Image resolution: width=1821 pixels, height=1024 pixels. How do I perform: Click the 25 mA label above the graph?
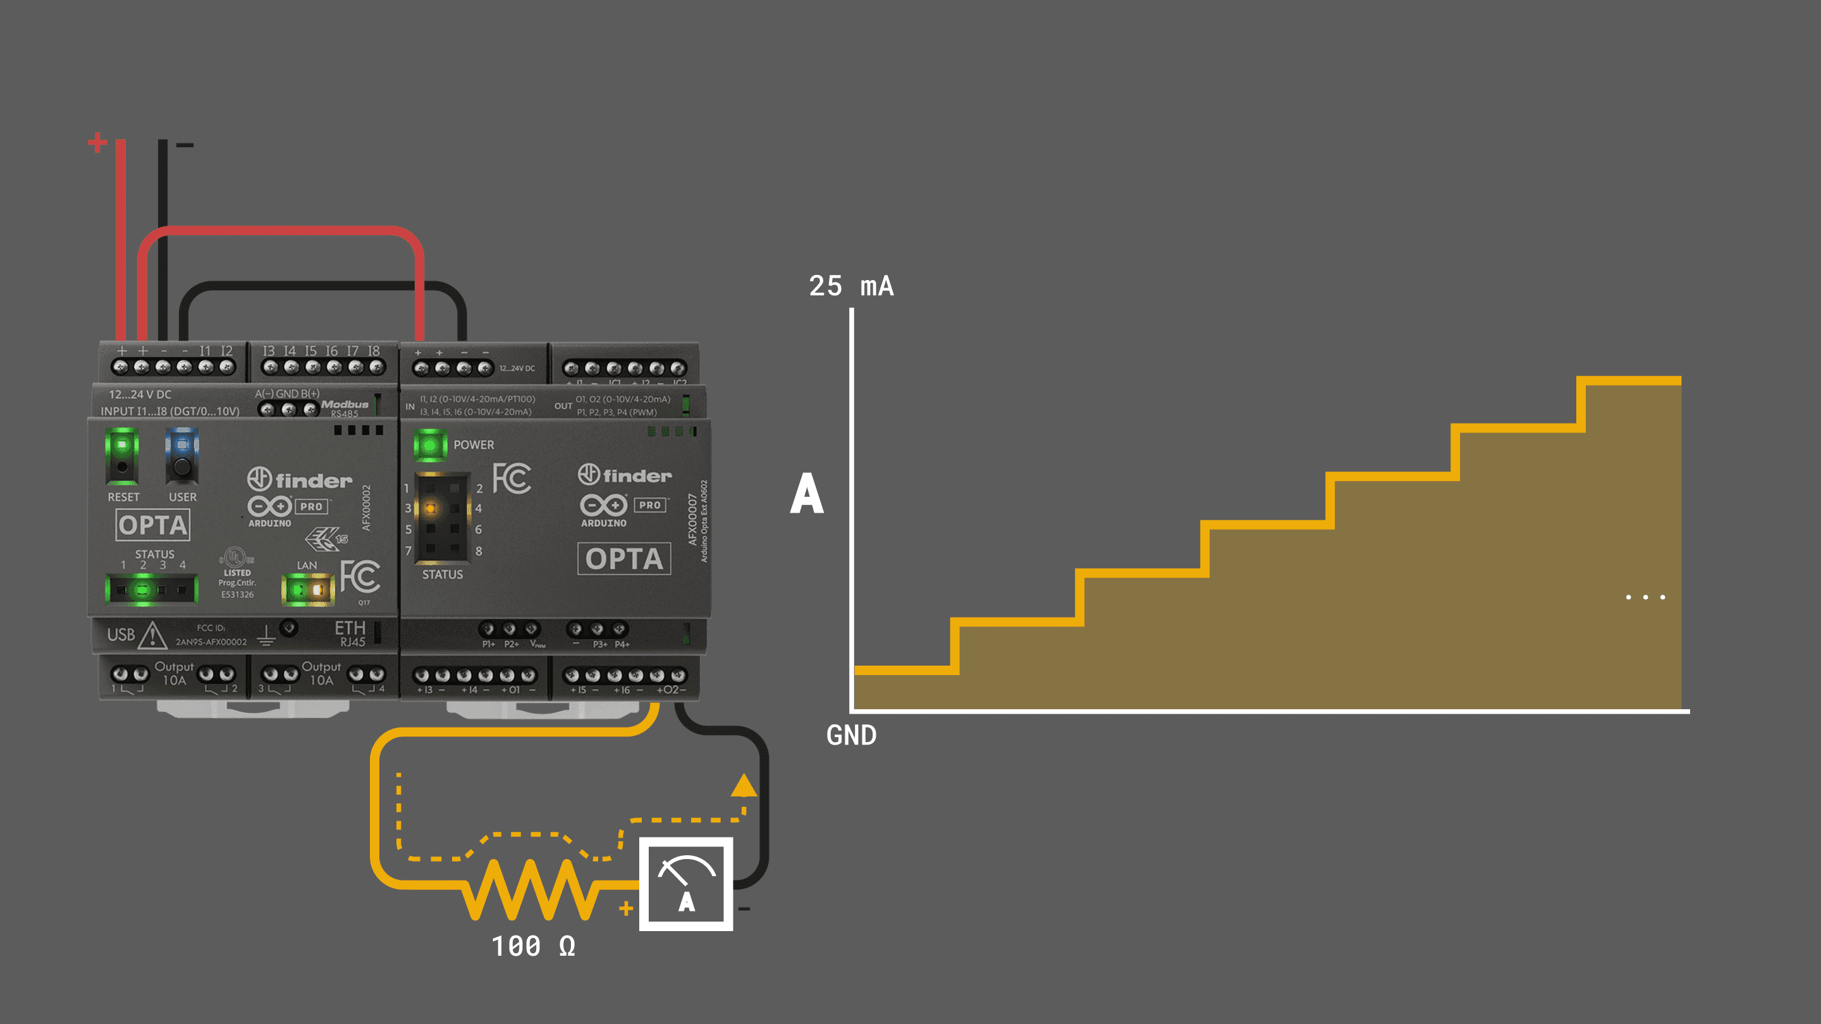pyautogui.click(x=851, y=286)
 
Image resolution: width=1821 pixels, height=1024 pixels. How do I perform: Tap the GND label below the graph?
pyautogui.click(x=851, y=736)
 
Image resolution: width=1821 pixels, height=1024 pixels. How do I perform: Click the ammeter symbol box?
pyautogui.click(x=685, y=884)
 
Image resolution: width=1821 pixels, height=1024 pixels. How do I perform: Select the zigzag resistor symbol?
pyautogui.click(x=530, y=888)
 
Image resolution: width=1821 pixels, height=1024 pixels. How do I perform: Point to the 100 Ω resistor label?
pyautogui.click(x=534, y=946)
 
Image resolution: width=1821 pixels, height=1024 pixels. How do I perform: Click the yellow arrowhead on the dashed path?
pyautogui.click(x=744, y=785)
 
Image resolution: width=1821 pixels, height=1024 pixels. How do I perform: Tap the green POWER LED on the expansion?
pyautogui.click(x=429, y=445)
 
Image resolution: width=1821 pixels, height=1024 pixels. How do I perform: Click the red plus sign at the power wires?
pyautogui.click(x=97, y=142)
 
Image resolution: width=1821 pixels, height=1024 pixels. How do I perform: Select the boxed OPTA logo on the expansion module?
pyautogui.click(x=624, y=559)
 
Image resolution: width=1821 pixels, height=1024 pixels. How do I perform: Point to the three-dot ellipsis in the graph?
pyautogui.click(x=1645, y=597)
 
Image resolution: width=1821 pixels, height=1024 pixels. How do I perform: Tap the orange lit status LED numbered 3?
pyautogui.click(x=430, y=508)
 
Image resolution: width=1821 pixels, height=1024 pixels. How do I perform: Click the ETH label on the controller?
pyautogui.click(x=350, y=628)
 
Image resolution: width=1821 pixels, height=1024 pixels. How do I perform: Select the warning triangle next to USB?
pyautogui.click(x=152, y=635)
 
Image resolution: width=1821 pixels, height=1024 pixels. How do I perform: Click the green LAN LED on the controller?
pyautogui.click(x=298, y=588)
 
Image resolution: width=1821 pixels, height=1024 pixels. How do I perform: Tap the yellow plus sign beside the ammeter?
pyautogui.click(x=625, y=909)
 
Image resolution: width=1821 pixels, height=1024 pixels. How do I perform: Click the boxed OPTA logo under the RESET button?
pyautogui.click(x=152, y=525)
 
